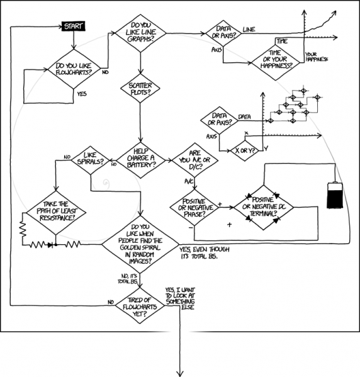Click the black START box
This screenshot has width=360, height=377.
click(74, 26)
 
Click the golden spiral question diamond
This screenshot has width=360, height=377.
click(141, 243)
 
